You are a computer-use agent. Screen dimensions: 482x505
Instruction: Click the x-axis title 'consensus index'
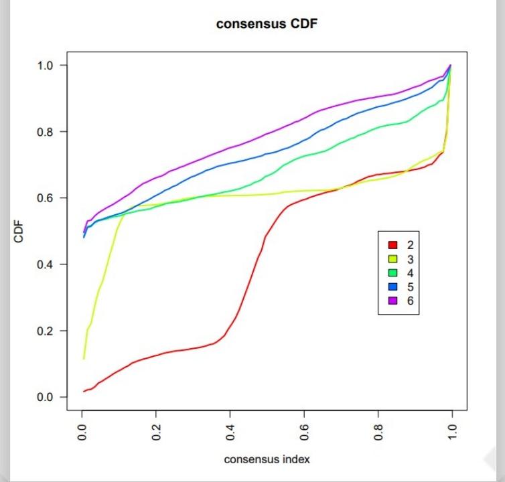point(267,459)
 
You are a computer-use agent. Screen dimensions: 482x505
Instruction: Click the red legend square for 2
point(393,245)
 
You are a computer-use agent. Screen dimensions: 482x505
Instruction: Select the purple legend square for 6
point(393,301)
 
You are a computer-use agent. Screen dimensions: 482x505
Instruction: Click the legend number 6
point(411,301)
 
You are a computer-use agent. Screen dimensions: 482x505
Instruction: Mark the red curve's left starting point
point(84,391)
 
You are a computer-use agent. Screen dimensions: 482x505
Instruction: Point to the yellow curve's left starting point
point(84,359)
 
